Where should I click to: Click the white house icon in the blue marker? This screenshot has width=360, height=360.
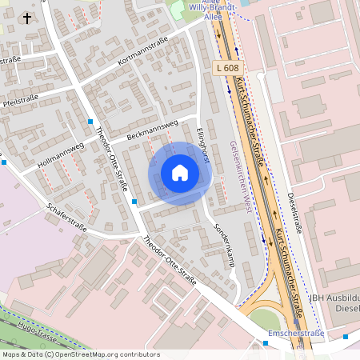(x=180, y=172)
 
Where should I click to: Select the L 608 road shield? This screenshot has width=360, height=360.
(x=228, y=69)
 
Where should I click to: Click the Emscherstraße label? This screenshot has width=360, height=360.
(x=298, y=333)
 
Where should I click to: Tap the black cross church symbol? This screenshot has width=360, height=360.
(x=27, y=18)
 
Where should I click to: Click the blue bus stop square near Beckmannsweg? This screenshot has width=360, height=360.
(x=90, y=122)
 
